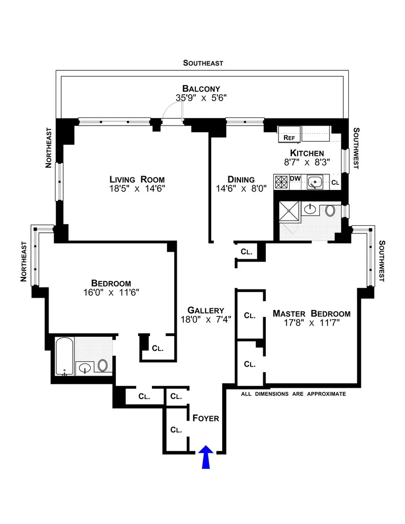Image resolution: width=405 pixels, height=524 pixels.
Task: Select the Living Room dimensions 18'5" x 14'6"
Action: click(x=137, y=188)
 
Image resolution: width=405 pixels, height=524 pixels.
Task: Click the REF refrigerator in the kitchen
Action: click(x=289, y=137)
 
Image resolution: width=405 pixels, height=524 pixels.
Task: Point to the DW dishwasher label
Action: click(x=295, y=178)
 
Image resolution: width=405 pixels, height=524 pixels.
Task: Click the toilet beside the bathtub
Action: click(x=103, y=366)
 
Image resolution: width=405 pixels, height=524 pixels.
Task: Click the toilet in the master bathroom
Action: click(x=330, y=210)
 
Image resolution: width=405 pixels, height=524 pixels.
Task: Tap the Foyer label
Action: click(x=206, y=418)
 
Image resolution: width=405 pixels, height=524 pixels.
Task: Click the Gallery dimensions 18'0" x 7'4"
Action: click(x=206, y=319)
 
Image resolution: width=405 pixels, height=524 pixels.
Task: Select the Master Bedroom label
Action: click(x=311, y=313)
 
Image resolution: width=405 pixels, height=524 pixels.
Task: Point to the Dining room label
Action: click(x=240, y=179)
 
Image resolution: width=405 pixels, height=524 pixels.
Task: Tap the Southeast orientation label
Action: click(x=203, y=63)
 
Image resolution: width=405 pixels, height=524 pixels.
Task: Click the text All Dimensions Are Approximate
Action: click(x=293, y=393)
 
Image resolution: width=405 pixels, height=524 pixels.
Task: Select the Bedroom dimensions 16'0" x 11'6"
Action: click(x=111, y=292)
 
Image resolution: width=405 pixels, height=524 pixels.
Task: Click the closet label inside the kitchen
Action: click(x=335, y=182)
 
